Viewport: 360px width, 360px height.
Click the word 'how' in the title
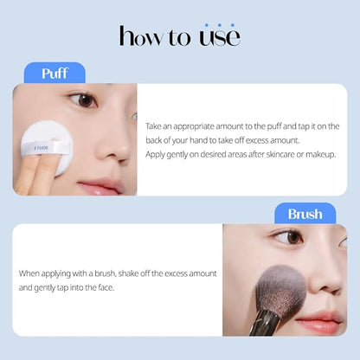(139, 36)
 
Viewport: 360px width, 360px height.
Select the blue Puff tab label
(55, 73)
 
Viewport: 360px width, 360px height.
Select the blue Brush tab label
(305, 213)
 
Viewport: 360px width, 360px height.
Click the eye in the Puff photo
(84, 100)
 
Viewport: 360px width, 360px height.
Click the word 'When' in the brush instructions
(30, 273)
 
